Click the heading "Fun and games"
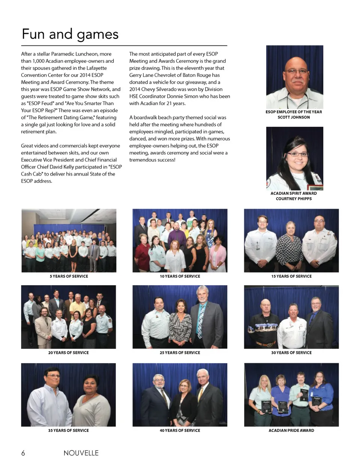tap(70, 34)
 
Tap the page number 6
tap(23, 453)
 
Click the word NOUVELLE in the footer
tap(81, 453)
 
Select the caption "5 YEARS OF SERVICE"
tap(69, 276)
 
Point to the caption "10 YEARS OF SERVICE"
tap(180, 276)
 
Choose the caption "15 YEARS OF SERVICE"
tap(291, 276)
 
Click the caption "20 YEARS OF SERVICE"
tap(68, 353)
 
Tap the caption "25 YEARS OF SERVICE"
tap(180, 353)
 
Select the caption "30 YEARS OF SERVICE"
tap(291, 353)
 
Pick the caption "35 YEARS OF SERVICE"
tap(68, 430)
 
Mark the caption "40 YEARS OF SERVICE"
tap(180, 430)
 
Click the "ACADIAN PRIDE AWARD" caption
tap(291, 430)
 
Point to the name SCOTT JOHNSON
tap(294, 117)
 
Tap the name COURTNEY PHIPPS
tap(294, 198)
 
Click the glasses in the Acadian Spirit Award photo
tap(297, 154)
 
